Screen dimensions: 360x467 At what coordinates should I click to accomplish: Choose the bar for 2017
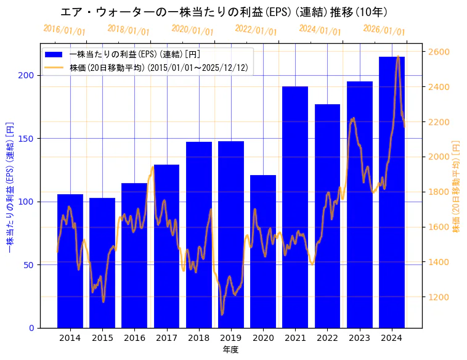click(166, 246)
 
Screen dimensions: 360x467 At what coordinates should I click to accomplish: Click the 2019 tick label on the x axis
click(231, 338)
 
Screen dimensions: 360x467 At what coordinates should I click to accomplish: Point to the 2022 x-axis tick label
click(327, 338)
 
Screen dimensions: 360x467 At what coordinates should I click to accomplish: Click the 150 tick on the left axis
click(26, 139)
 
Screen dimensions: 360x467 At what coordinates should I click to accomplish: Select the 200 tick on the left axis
click(26, 75)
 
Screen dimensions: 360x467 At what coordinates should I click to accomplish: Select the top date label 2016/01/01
click(64, 30)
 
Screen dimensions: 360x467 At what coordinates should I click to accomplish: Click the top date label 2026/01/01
click(384, 30)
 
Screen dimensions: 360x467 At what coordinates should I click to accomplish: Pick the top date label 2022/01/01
click(256, 30)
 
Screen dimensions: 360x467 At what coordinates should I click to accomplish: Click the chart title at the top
click(224, 12)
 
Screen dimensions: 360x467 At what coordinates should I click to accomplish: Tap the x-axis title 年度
click(230, 350)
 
